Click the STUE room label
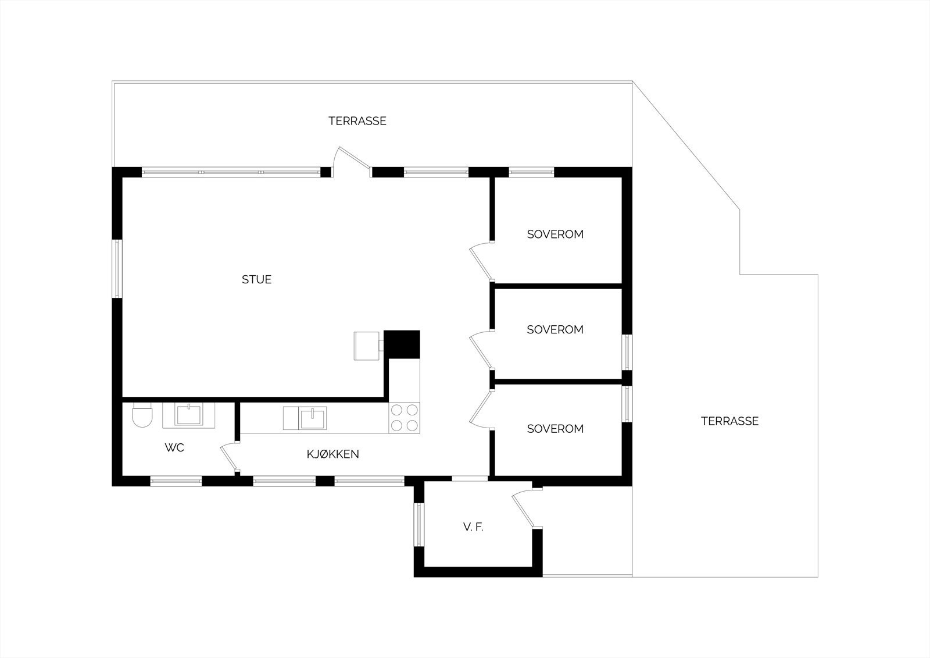pos(256,279)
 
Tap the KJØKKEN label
pos(332,454)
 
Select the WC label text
pos(174,447)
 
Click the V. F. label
pos(473,527)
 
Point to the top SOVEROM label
pos(555,234)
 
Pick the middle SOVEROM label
pos(555,329)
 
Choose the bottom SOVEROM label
pos(555,429)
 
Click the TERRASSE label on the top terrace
pos(357,121)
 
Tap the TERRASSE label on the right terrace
pos(729,421)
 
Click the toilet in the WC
pos(142,415)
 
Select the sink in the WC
pos(188,415)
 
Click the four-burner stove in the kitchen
pos(404,418)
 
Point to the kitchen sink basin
pos(313,418)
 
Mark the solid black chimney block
pos(402,344)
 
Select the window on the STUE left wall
pos(117,268)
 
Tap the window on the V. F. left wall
pos(419,525)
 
